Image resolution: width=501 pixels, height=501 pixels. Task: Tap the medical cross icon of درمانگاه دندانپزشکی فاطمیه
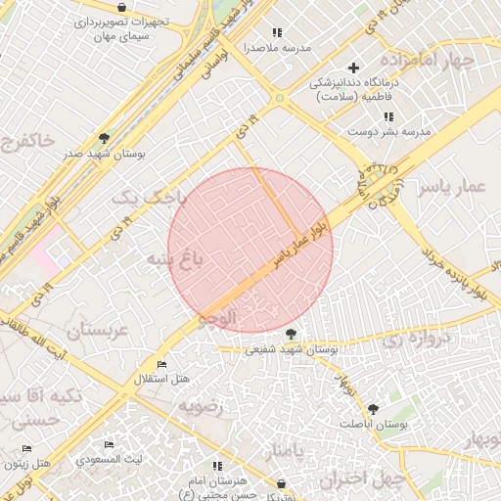353,68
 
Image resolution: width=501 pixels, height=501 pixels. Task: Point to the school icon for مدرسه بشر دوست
389,117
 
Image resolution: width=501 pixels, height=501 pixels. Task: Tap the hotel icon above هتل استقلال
161,364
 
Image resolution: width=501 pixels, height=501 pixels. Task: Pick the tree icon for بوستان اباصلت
373,409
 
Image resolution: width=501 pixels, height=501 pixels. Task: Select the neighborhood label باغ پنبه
175,259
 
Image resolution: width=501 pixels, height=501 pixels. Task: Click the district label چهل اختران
362,479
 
